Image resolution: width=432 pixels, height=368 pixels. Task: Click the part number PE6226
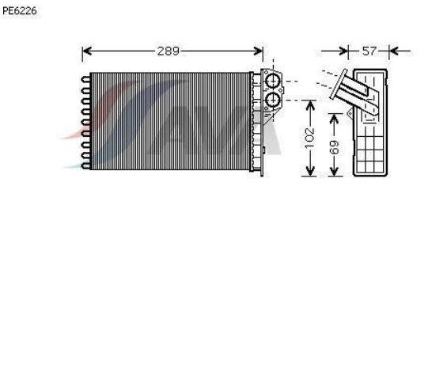point(20,11)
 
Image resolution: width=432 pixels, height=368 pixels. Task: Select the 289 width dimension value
point(168,51)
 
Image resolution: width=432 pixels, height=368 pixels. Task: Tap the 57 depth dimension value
point(369,51)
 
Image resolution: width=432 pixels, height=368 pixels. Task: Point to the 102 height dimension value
point(310,137)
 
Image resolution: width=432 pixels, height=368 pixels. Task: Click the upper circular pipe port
point(273,82)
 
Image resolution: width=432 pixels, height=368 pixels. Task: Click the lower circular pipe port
point(273,100)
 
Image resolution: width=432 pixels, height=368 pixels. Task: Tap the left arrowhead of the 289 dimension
point(87,51)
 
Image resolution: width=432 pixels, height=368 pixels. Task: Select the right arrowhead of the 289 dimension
point(258,51)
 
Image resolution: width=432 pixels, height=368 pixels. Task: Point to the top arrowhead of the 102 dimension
point(310,104)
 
